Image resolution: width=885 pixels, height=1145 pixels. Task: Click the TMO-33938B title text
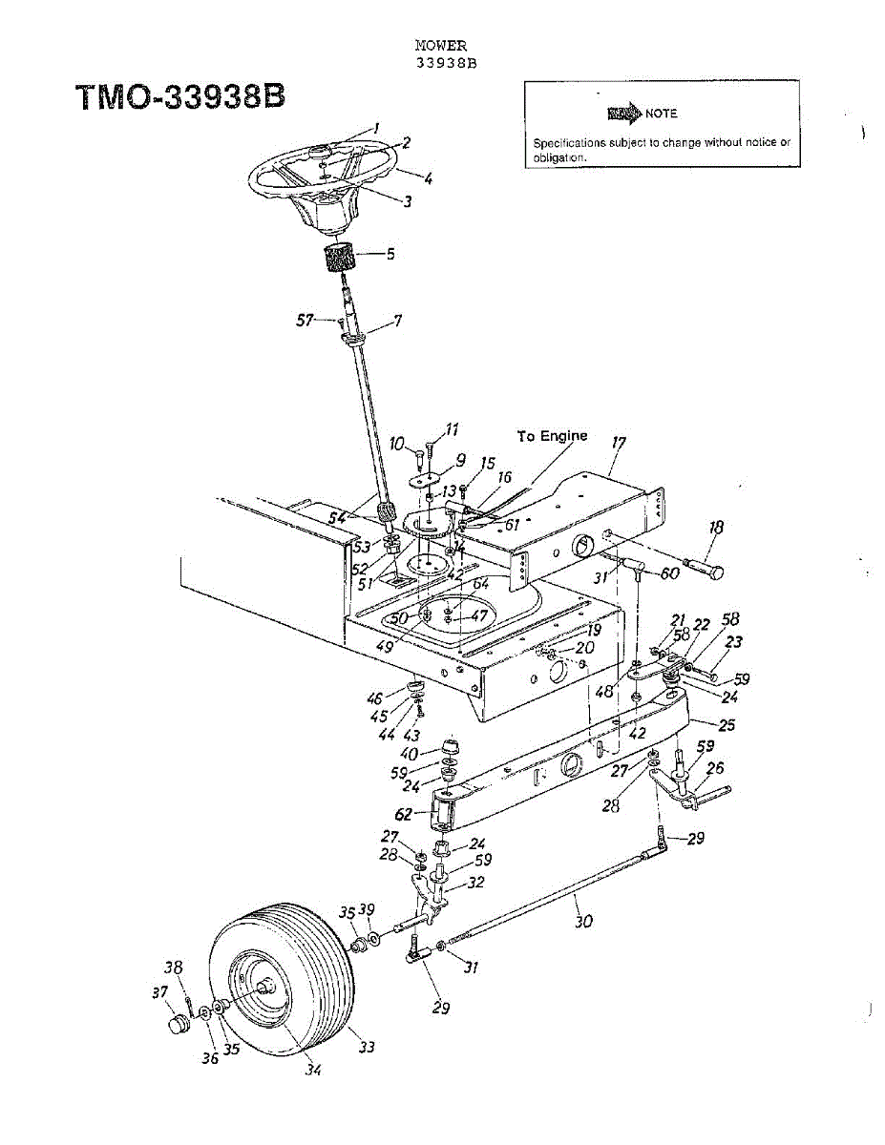click(179, 98)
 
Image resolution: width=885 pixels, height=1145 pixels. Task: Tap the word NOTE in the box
click(661, 114)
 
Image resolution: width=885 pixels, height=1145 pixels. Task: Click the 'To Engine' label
click(552, 436)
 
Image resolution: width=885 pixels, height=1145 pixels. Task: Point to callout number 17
click(619, 444)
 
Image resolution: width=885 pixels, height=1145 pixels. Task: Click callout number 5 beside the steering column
click(390, 255)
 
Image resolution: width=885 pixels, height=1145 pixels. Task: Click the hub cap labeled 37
click(173, 1027)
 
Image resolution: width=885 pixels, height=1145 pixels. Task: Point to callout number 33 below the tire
click(367, 1047)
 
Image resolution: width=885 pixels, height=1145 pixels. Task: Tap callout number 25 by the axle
click(727, 725)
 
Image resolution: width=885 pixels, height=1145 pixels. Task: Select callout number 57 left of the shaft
click(306, 321)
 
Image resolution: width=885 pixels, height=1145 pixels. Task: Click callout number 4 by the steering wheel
click(429, 177)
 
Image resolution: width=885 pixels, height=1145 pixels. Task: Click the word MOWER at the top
click(441, 46)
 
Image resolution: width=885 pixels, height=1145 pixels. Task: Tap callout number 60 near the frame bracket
click(670, 573)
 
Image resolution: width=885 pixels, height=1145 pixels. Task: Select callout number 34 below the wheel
click(313, 1070)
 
